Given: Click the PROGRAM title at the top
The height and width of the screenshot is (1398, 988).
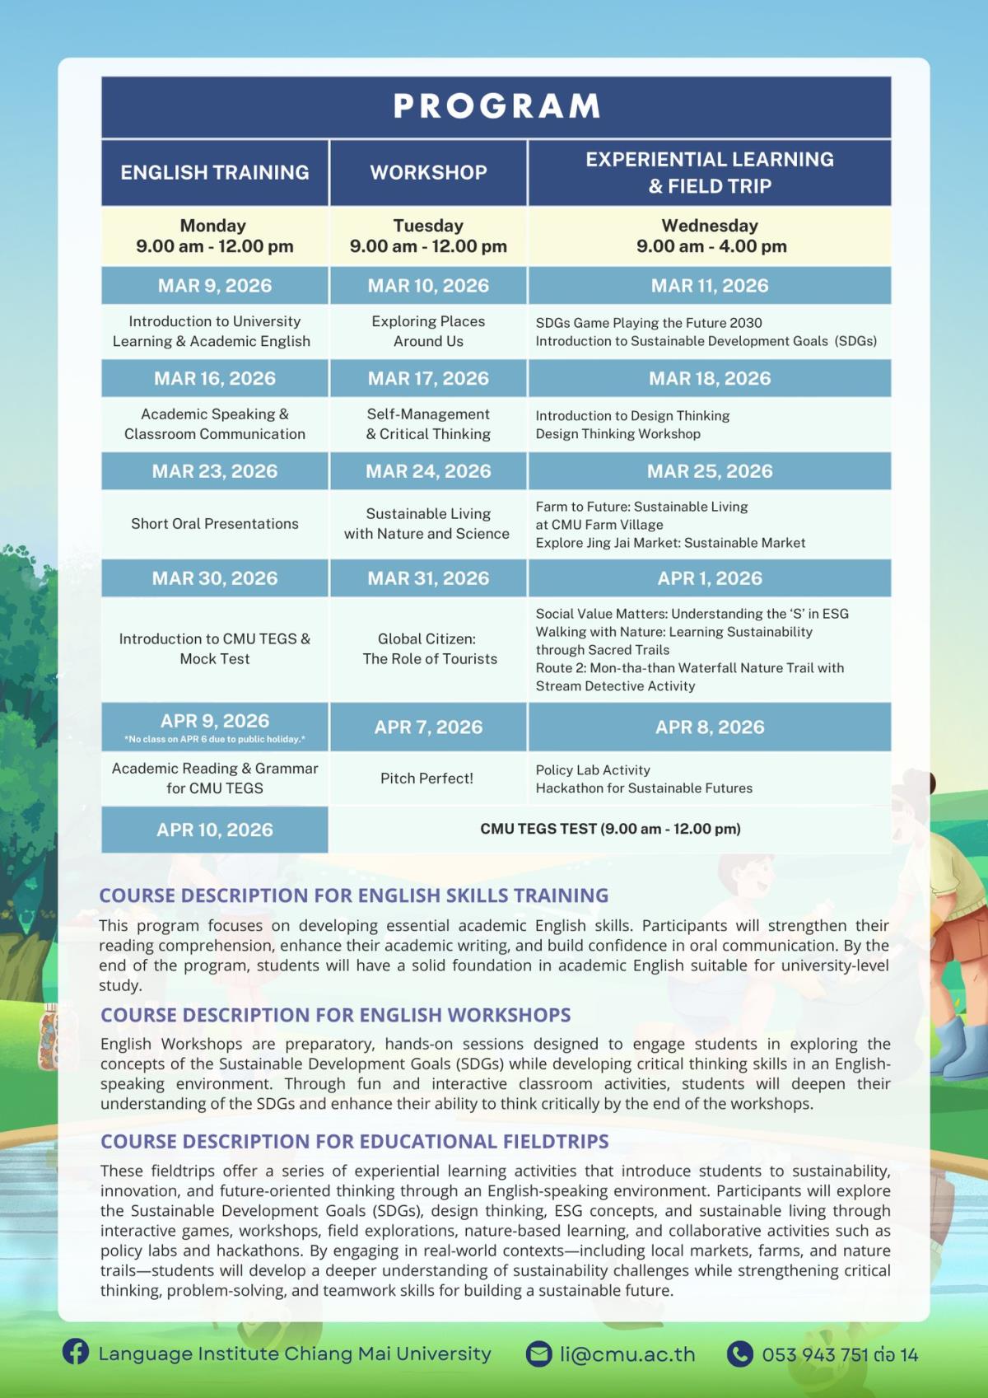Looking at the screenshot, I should tap(496, 106).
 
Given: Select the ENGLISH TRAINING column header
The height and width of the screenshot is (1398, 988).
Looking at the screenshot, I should tap(215, 172).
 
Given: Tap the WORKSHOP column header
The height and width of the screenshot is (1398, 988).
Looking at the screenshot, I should tap(428, 172).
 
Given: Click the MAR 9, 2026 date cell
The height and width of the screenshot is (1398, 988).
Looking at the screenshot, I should tap(215, 286).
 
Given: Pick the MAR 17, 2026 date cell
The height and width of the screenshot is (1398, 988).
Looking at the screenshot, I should tap(428, 378).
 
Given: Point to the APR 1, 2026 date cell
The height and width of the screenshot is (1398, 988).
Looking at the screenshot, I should tap(710, 578).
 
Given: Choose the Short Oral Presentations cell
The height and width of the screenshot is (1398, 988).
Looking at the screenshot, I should tap(215, 524).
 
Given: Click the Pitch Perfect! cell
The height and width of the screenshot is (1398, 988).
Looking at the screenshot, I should tap(426, 778).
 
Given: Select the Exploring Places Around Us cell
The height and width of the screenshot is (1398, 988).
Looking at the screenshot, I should tap(428, 331).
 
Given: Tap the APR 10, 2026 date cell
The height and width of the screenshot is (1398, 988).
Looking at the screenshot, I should tap(215, 830).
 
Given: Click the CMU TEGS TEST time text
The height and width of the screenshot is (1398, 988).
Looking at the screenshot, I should tap(610, 829).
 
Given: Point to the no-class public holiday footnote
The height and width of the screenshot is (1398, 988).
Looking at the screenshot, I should tap(215, 739).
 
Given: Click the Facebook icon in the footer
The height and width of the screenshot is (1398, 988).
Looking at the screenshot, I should tap(76, 1352).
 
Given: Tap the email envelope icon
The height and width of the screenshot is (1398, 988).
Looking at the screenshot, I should tap(538, 1354).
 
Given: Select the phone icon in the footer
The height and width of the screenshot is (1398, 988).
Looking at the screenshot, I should tap(739, 1354).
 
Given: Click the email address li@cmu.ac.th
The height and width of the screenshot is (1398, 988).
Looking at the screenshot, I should tap(627, 1354).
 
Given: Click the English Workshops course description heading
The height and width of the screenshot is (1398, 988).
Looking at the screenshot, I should tap(335, 1015).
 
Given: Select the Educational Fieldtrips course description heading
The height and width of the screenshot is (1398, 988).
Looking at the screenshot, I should tap(354, 1141).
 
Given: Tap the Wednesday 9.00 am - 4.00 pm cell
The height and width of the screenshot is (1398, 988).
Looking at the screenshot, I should tap(711, 236).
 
